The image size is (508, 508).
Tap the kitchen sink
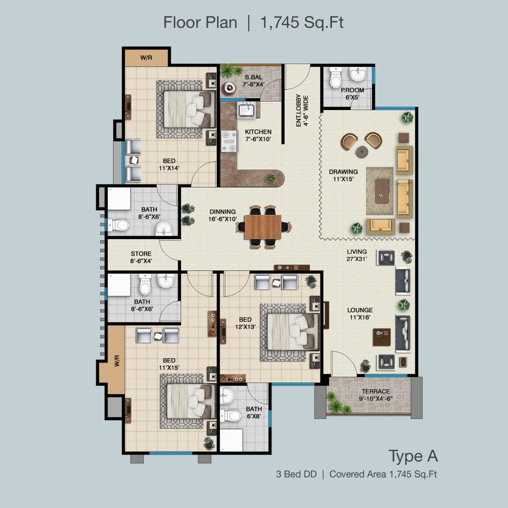248,110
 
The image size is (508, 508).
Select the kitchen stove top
229,141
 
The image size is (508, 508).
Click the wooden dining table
263,227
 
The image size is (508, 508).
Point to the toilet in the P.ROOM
336,78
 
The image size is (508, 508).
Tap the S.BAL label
254,77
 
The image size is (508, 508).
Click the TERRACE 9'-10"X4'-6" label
376,395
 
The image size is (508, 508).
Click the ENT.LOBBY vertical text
298,111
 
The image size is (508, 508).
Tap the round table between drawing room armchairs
362,151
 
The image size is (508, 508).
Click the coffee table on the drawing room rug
382,191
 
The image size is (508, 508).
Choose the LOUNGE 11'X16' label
360,314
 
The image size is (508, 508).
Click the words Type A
413,456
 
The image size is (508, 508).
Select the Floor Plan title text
200,23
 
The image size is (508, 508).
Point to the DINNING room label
223,212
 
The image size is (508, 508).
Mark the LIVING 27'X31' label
357,255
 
